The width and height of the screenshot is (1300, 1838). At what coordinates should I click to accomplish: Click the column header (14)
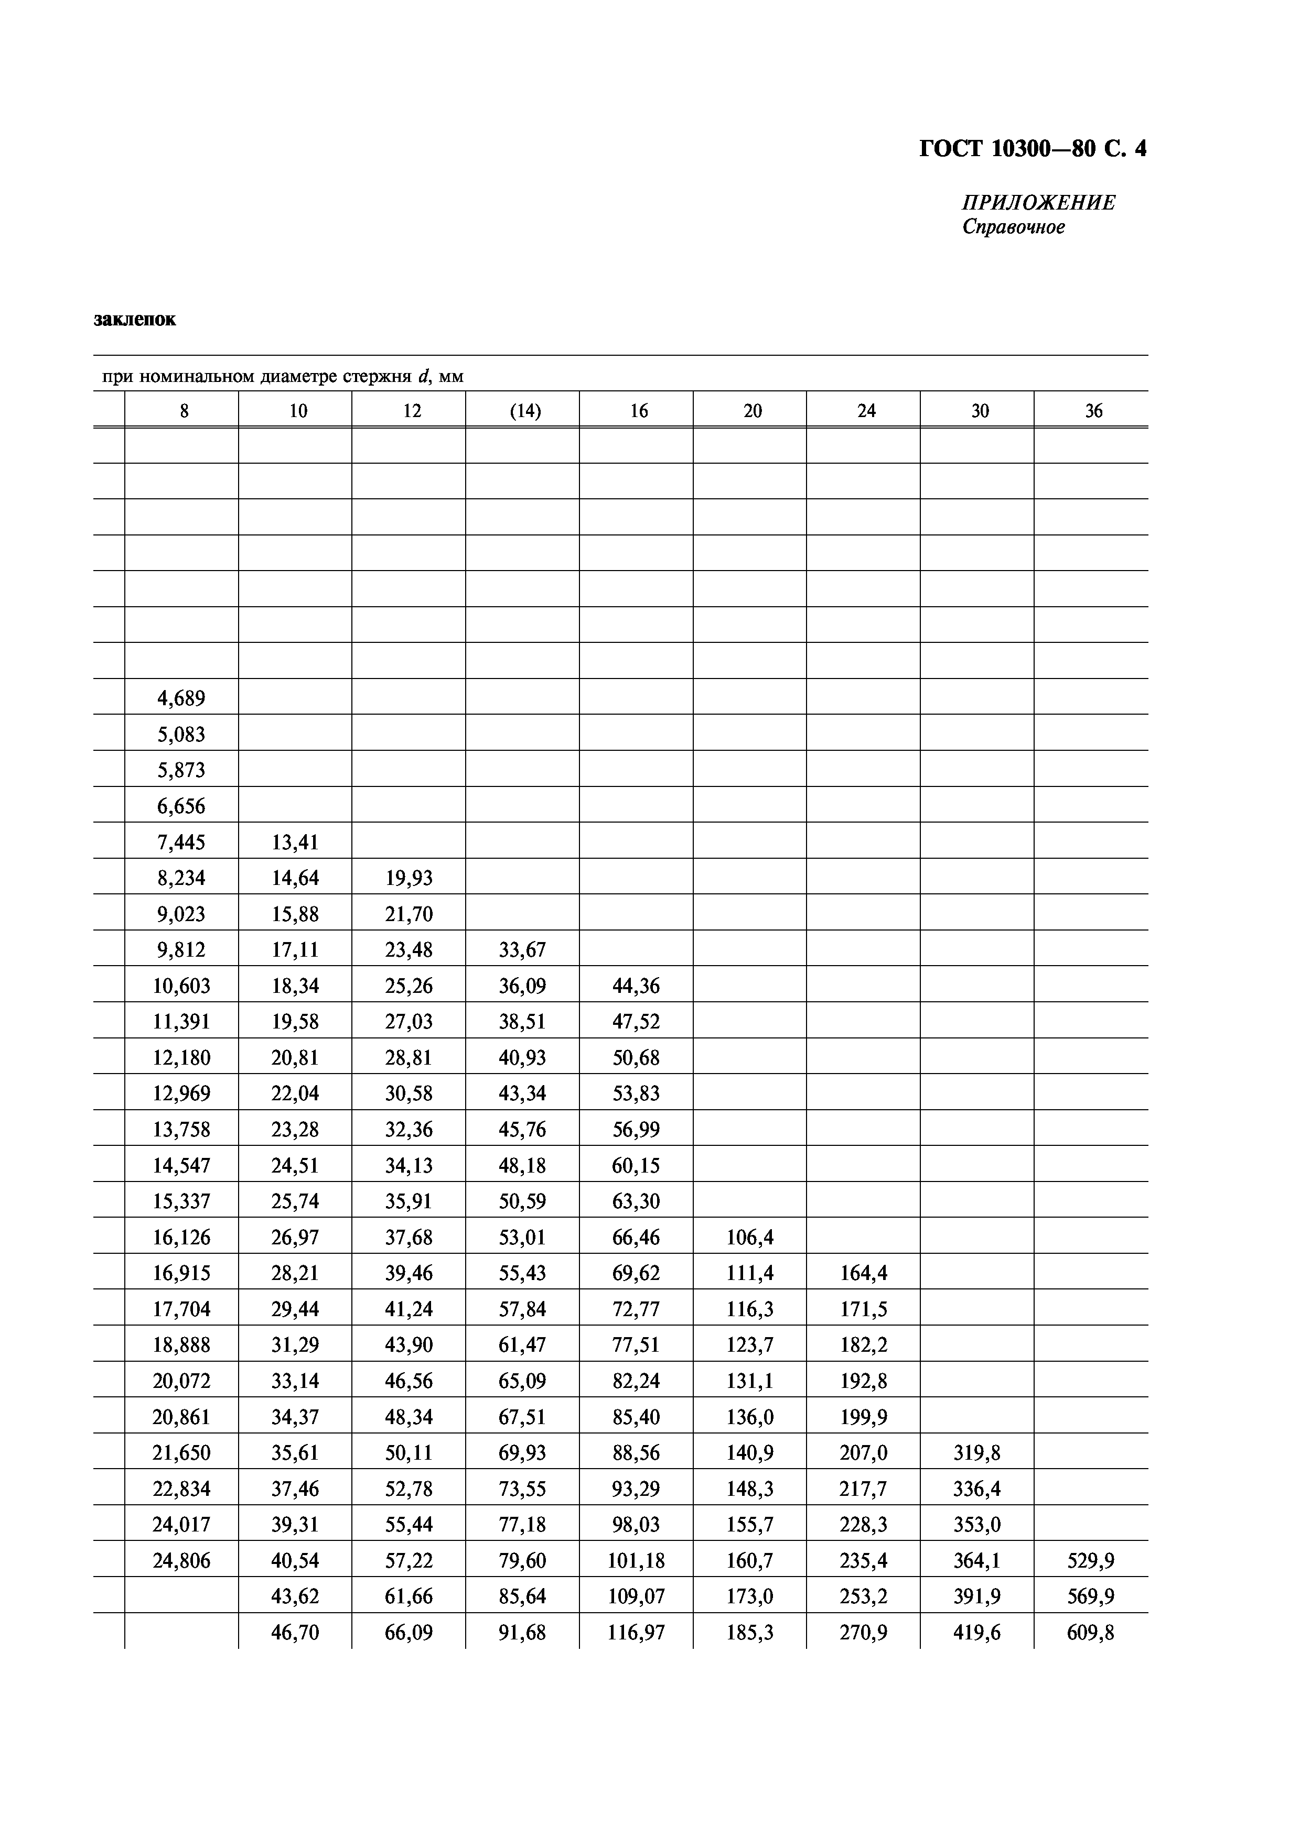[524, 411]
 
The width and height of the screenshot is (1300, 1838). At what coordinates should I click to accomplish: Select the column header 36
[1093, 411]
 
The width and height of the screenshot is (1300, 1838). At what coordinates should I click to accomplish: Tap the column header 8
[184, 411]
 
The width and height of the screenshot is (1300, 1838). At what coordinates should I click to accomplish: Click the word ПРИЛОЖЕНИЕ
[1038, 203]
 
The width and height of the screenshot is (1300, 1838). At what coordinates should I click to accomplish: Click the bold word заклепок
[135, 320]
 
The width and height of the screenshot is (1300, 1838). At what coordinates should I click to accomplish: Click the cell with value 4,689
[181, 698]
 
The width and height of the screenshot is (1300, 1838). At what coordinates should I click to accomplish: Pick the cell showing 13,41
[295, 841]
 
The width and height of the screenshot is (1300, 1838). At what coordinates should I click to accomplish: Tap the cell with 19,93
[409, 878]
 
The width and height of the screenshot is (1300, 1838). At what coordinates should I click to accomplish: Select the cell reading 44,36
[636, 986]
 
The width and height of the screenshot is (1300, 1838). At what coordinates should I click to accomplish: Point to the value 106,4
[750, 1237]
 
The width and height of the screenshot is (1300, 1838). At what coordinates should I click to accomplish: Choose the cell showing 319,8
[976, 1452]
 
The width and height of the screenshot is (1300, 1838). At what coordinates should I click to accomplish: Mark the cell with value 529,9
[1090, 1560]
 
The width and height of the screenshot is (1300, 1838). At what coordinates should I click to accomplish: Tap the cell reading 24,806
[181, 1560]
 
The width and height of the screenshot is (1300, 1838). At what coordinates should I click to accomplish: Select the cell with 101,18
[636, 1560]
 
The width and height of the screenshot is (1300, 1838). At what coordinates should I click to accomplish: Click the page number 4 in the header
[1140, 149]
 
